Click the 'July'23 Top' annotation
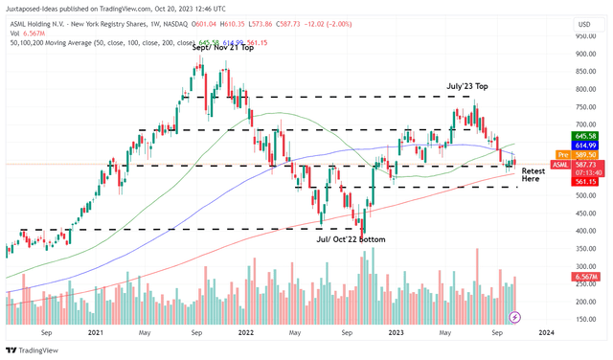(x=471, y=86)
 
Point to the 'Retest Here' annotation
(x=534, y=174)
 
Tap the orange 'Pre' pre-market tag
(x=562, y=154)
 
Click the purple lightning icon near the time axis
(x=515, y=317)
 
